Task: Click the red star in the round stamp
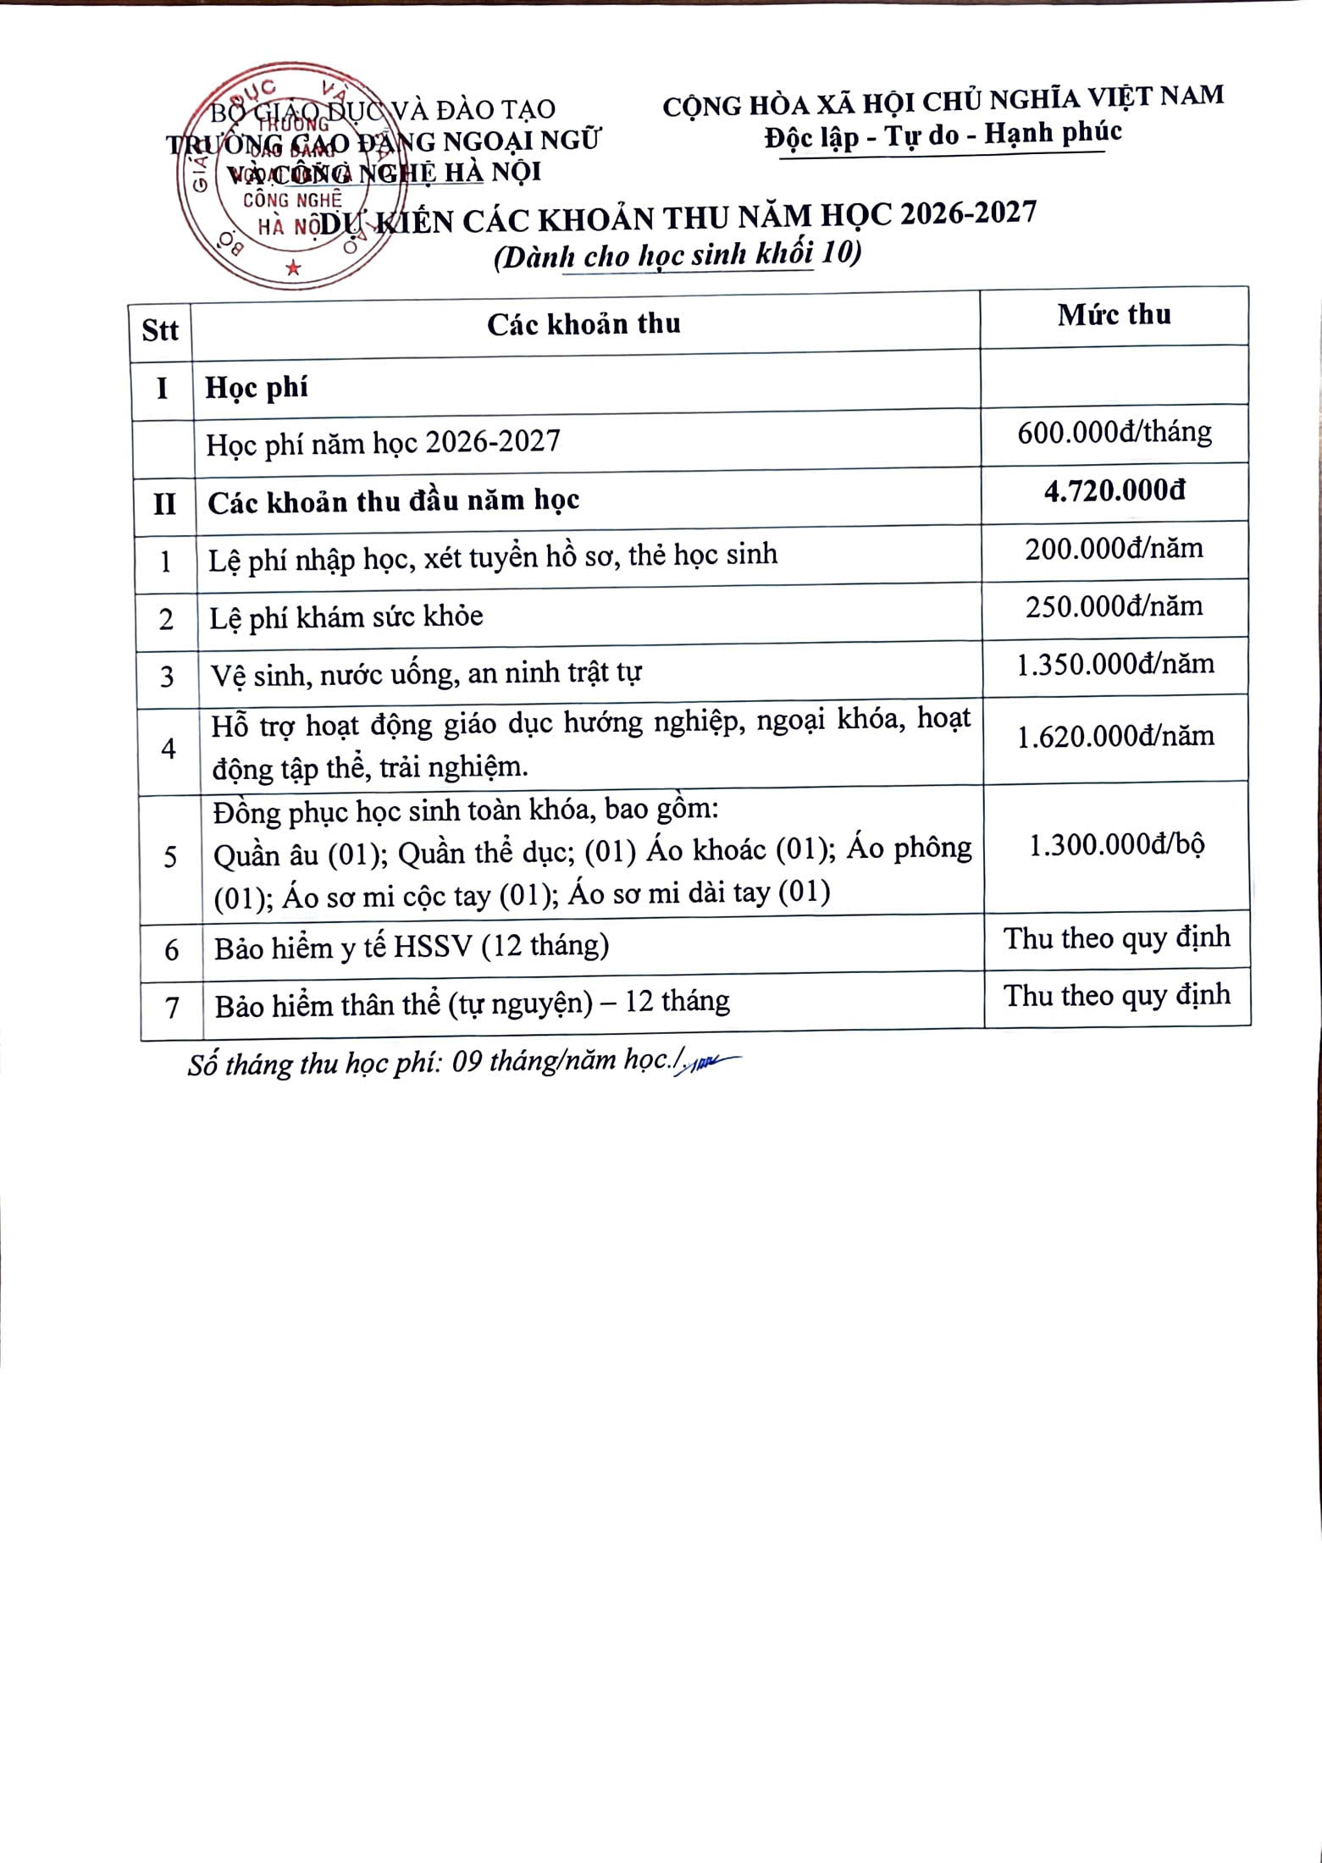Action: pyautogui.click(x=293, y=268)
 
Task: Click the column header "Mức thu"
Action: pyautogui.click(x=1114, y=315)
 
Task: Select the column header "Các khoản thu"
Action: pyautogui.click(x=584, y=323)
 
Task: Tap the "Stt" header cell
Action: pyautogui.click(x=160, y=329)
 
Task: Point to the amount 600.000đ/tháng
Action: pyautogui.click(x=1115, y=433)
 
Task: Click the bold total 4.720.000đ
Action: pyautogui.click(x=1115, y=491)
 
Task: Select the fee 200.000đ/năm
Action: pyautogui.click(x=1115, y=549)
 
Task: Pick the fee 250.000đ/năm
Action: pyautogui.click(x=1115, y=606)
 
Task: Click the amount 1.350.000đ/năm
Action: pyautogui.click(x=1115, y=664)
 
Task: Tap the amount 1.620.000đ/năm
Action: pyautogui.click(x=1115, y=737)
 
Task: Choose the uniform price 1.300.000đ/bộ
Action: pyautogui.click(x=1116, y=845)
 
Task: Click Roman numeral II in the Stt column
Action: pyautogui.click(x=164, y=505)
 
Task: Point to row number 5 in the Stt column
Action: pyautogui.click(x=170, y=857)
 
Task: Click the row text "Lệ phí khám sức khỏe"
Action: pyautogui.click(x=346, y=616)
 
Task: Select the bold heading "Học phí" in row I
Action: pyautogui.click(x=257, y=388)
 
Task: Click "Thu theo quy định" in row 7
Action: pyautogui.click(x=1117, y=995)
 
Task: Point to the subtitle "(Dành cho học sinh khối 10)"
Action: pyautogui.click(x=678, y=254)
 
